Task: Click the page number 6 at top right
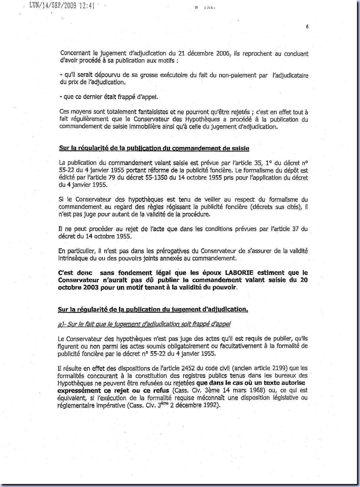click(x=307, y=26)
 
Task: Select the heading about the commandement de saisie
click(x=154, y=148)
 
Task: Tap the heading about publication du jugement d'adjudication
click(x=153, y=309)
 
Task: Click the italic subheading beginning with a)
click(x=144, y=324)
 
